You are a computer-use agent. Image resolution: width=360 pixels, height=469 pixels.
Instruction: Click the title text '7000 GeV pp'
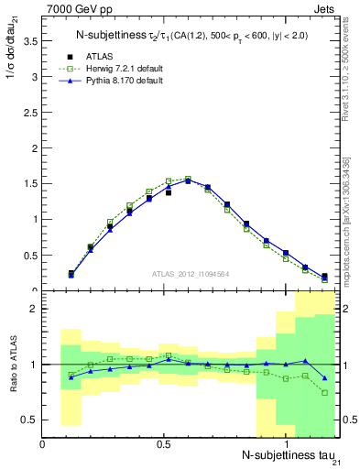point(74,9)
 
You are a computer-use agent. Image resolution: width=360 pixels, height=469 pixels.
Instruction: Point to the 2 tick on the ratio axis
point(35,309)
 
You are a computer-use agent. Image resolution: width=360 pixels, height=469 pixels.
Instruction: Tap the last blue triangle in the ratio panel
point(325,377)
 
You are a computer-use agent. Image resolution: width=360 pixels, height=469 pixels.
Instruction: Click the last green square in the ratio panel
point(325,393)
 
